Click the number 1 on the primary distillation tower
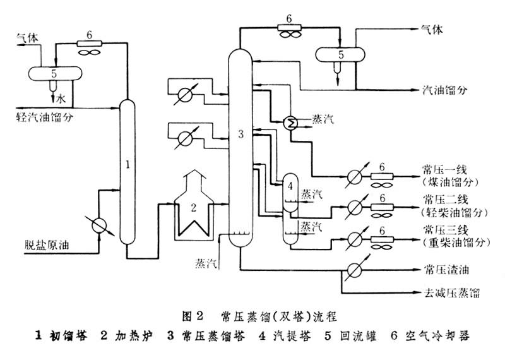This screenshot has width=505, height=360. tap(128, 165)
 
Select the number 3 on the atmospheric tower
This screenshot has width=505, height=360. tap(240, 133)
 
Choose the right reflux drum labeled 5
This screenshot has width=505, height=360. tap(341, 54)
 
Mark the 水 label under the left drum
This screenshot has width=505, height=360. tap(61, 99)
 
